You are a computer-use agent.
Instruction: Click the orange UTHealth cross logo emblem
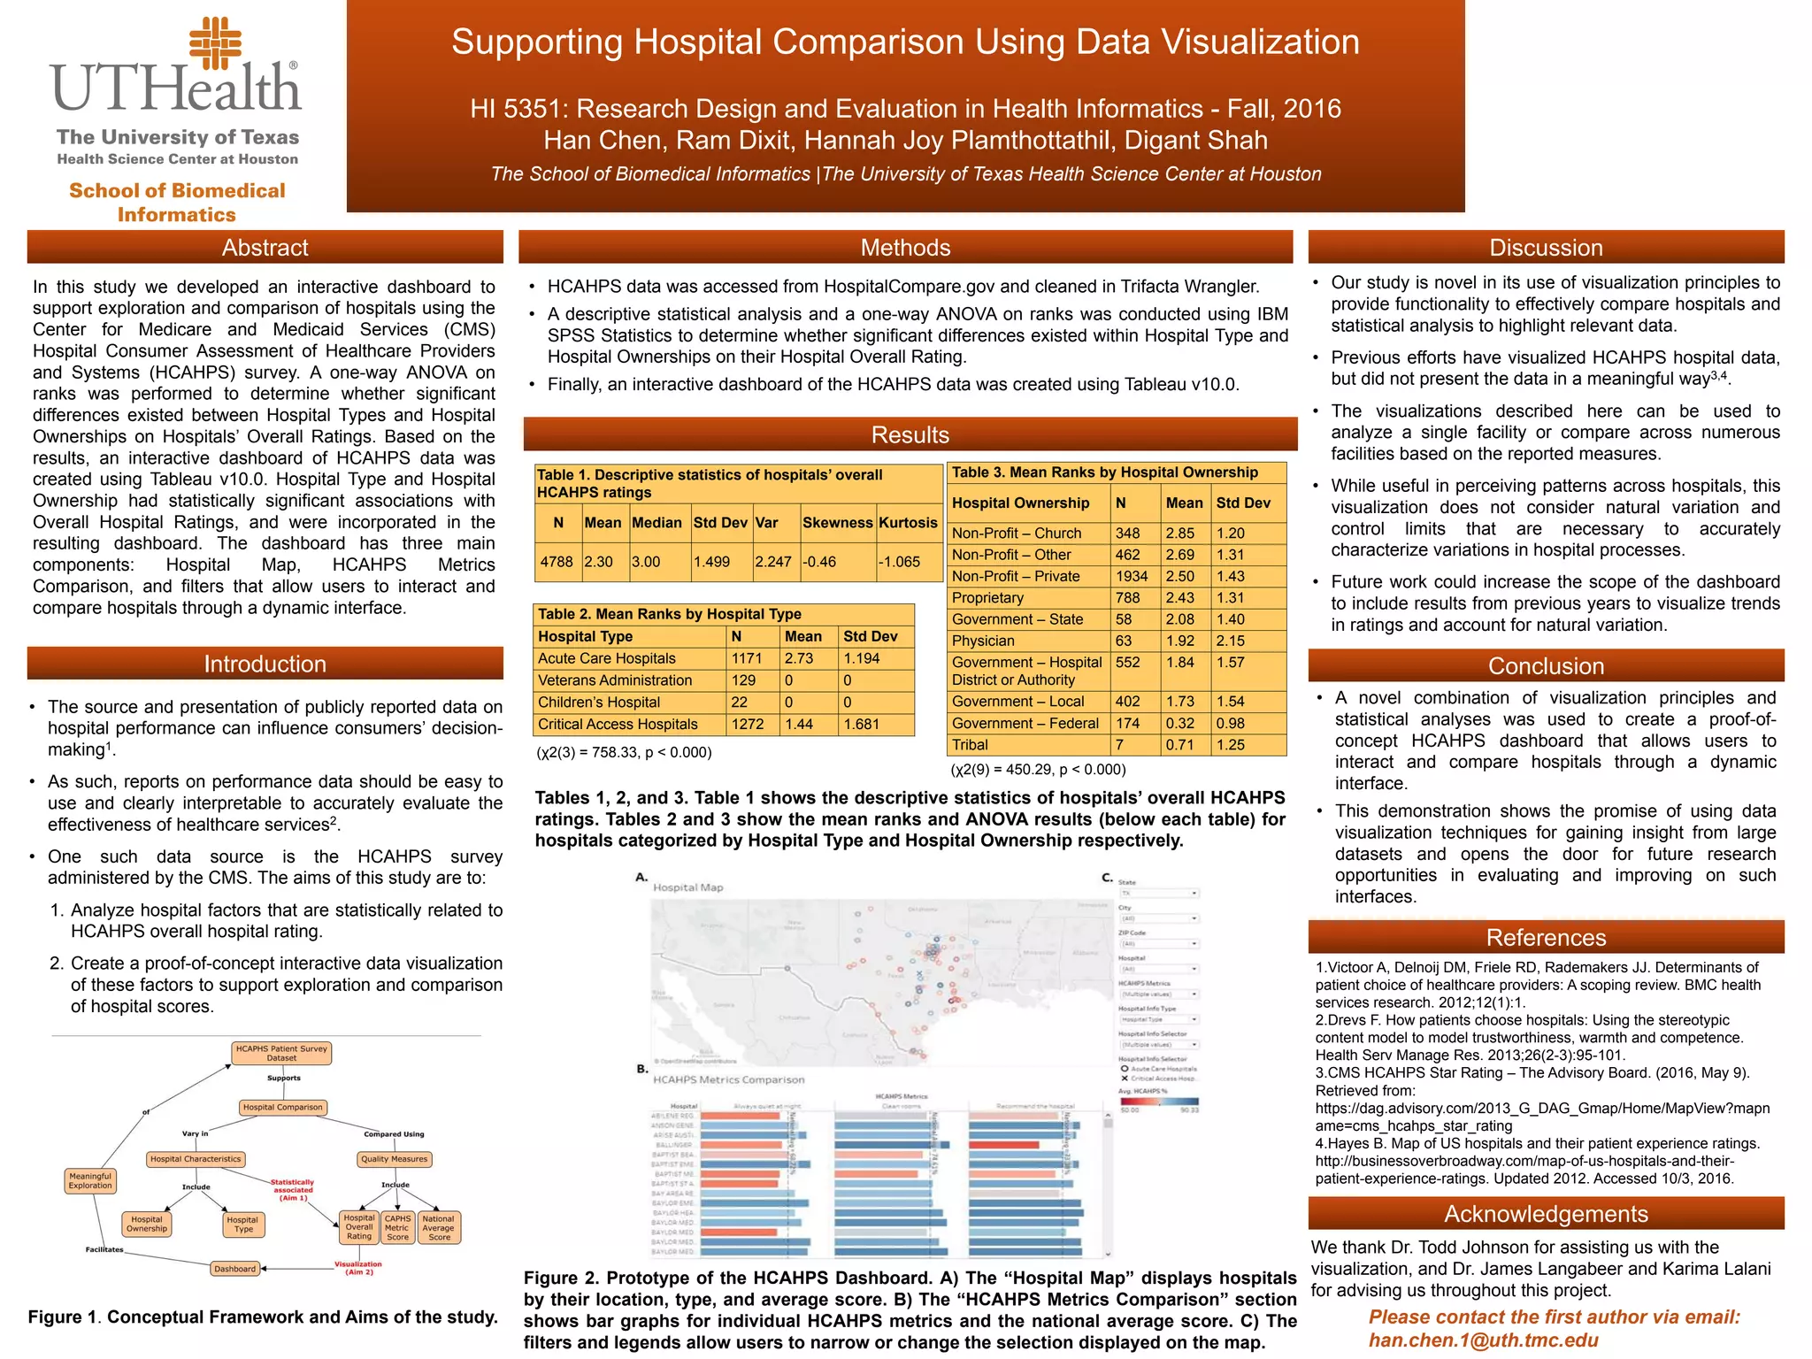tap(215, 43)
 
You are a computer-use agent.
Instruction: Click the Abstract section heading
tap(265, 248)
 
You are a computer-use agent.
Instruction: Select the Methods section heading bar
tap(905, 248)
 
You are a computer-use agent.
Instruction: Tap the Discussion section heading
tap(1546, 248)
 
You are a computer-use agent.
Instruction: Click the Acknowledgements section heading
tap(1546, 1214)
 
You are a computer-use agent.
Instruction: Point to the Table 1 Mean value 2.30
tap(599, 562)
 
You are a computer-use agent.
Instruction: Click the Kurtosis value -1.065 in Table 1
tap(900, 562)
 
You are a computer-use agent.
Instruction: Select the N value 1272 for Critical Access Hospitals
tap(747, 725)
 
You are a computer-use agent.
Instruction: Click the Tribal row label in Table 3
tap(970, 745)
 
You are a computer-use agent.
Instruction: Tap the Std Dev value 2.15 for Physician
tap(1230, 641)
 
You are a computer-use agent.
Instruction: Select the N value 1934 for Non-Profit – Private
tap(1132, 576)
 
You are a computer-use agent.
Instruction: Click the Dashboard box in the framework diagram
tap(235, 1269)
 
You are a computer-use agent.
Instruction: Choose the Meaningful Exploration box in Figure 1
tap(90, 1181)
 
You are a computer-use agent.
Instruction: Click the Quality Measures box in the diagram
tap(394, 1159)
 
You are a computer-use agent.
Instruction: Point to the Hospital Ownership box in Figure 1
tap(147, 1224)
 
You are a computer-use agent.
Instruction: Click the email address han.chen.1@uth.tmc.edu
tap(1484, 1340)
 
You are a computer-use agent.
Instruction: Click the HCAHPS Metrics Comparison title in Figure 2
tap(729, 1079)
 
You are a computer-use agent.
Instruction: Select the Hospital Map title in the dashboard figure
tap(688, 887)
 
